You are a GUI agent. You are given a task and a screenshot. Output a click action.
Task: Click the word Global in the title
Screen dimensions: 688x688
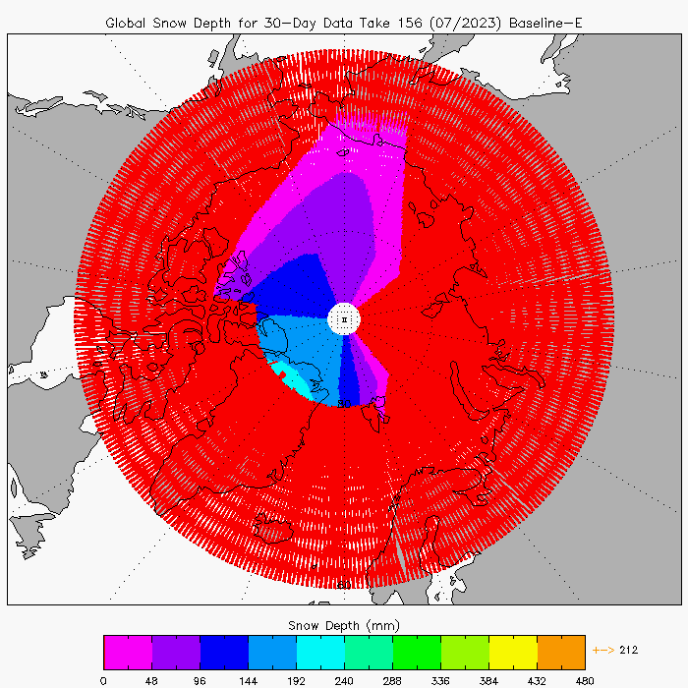129,23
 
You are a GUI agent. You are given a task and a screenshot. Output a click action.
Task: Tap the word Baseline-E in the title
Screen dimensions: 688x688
544,23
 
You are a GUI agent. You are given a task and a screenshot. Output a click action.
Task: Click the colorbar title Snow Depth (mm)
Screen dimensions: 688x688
343,625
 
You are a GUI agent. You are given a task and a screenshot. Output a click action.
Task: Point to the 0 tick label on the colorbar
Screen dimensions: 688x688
103,679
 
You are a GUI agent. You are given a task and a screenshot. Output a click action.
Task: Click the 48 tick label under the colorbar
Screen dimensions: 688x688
151,679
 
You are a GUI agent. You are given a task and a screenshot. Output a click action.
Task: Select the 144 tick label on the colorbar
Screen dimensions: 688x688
248,679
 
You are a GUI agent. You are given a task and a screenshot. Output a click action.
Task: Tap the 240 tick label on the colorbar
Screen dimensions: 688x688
344,679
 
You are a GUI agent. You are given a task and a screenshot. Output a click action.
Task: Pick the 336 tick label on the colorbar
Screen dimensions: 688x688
440,679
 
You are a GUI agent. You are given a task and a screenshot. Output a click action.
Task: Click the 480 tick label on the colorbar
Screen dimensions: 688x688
585,679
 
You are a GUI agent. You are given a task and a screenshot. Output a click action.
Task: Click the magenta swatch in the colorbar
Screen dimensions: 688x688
128,652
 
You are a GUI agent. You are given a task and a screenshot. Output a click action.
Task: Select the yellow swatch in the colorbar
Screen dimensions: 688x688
513,652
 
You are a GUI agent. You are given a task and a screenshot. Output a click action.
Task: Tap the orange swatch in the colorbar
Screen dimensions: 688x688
561,652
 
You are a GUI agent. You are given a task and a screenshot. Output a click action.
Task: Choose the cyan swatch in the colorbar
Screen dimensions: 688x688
320,652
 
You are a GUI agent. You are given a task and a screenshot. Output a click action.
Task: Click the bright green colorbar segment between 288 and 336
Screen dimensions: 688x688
417,652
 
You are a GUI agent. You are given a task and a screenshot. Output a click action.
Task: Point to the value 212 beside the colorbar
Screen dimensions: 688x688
629,649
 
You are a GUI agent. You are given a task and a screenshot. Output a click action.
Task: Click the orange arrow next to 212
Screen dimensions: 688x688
604,649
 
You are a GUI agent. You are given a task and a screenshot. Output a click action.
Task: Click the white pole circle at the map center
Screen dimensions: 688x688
344,319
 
